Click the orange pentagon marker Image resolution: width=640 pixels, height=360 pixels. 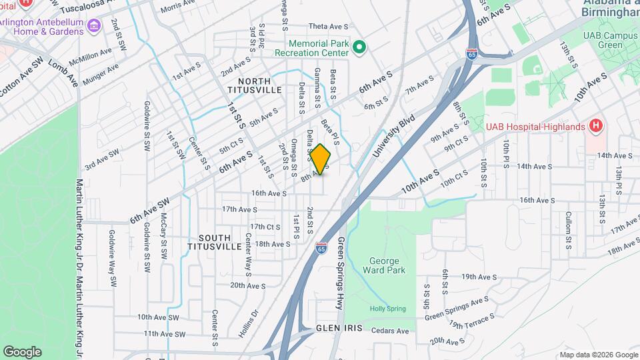pyautogui.click(x=321, y=160)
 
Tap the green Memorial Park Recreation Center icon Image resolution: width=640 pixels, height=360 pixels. pyautogui.click(x=359, y=46)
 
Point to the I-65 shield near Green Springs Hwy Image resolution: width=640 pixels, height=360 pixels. pyautogui.click(x=322, y=249)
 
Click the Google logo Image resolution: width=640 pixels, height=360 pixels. pyautogui.click(x=22, y=352)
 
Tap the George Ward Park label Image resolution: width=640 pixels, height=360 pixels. pyautogui.click(x=384, y=265)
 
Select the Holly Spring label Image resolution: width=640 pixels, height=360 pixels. pyautogui.click(x=388, y=308)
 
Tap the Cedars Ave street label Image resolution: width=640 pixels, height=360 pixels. pyautogui.click(x=389, y=331)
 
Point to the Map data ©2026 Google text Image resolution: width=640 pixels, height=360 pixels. pyautogui.click(x=598, y=354)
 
